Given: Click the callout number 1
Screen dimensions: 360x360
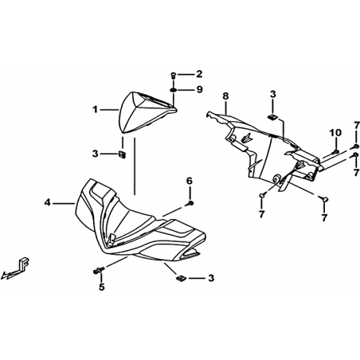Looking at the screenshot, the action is [95, 109].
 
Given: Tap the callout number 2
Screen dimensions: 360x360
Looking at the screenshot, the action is [199, 74].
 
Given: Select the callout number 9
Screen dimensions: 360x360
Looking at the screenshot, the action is [199, 89].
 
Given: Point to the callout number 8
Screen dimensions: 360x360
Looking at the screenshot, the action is [225, 96].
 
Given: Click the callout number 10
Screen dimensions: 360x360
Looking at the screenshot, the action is [335, 132].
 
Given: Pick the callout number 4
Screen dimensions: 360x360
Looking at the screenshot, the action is [47, 203].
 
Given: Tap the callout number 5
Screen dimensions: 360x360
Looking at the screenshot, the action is [102, 287].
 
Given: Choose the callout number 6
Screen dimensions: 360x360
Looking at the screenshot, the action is [189, 181].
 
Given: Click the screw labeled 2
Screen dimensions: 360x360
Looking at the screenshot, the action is [173, 75].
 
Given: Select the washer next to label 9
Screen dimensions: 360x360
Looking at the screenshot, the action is [173, 90].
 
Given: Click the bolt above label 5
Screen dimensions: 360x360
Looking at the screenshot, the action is [99, 271].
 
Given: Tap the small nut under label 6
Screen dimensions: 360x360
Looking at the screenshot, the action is [190, 203].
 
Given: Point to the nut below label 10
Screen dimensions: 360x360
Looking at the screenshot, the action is [335, 152].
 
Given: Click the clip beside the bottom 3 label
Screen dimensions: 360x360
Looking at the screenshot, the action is [181, 278].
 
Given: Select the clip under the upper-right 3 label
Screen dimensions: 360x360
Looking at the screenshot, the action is [272, 116].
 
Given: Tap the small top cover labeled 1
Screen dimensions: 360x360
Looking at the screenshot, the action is [146, 112].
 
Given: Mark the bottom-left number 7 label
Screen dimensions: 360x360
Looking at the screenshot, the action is [261, 214].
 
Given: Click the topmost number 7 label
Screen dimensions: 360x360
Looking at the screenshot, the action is [356, 125].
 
